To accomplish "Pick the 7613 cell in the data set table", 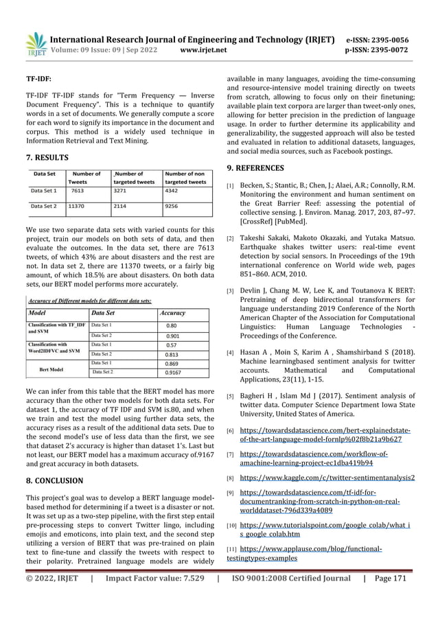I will (77, 191).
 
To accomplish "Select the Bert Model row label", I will (52, 369).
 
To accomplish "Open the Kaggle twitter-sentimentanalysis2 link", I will (327, 495).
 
